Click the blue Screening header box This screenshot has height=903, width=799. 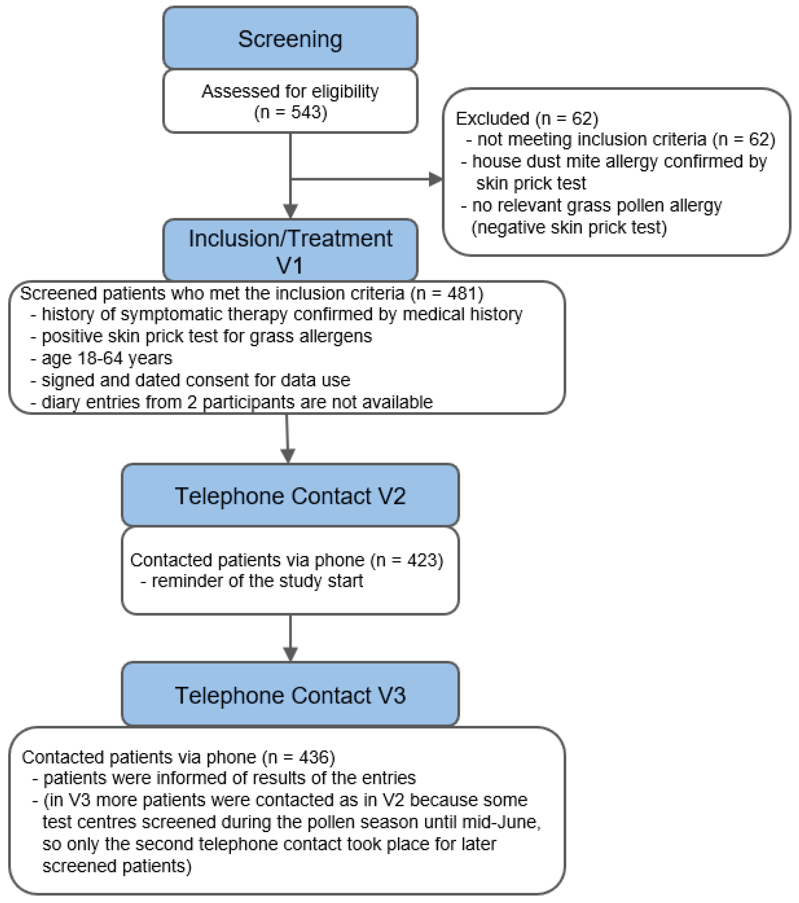tap(290, 39)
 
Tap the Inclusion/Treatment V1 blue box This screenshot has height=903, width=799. tap(290, 251)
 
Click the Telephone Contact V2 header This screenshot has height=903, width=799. tap(290, 496)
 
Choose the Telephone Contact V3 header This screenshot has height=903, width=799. tap(290, 695)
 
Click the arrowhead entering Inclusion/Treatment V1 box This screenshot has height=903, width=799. tap(290, 211)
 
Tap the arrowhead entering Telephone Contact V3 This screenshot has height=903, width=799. tap(290, 654)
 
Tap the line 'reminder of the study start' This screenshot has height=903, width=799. tap(257, 581)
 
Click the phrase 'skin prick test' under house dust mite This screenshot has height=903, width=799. tap(531, 183)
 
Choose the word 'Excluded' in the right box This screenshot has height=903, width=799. tap(492, 118)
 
